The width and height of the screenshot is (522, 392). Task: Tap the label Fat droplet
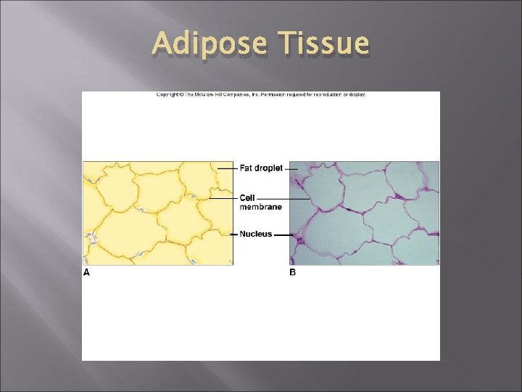[x=261, y=168]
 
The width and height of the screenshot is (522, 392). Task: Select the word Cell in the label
[x=246, y=198]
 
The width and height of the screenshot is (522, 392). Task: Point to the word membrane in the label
[x=261, y=207]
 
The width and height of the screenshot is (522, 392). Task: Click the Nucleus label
[x=256, y=234]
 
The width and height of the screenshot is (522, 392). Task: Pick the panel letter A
[x=86, y=272]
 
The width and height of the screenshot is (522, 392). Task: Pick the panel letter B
[x=293, y=272]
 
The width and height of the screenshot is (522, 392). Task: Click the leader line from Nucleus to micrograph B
[x=283, y=234]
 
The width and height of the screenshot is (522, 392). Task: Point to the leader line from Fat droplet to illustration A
[x=226, y=168]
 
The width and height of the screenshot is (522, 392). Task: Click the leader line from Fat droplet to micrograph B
[x=291, y=168]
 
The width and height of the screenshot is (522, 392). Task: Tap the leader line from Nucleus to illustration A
[x=233, y=234]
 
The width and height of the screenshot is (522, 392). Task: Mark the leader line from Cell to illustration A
[x=223, y=198]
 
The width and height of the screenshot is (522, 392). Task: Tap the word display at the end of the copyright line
[x=357, y=94]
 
